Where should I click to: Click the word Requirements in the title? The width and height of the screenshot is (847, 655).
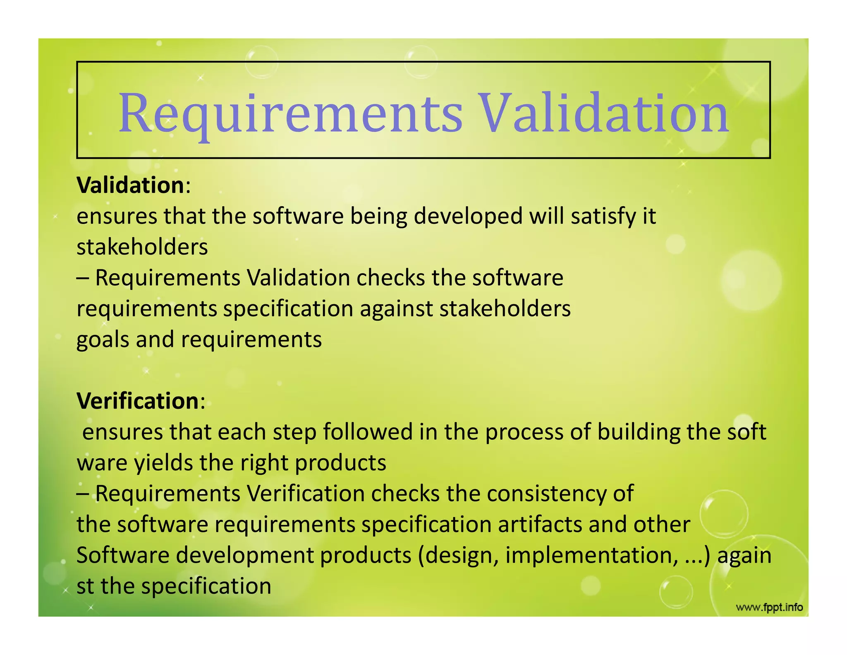(290, 114)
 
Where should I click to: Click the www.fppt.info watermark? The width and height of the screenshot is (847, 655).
(769, 607)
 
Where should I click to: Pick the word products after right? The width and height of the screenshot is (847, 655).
(340, 463)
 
